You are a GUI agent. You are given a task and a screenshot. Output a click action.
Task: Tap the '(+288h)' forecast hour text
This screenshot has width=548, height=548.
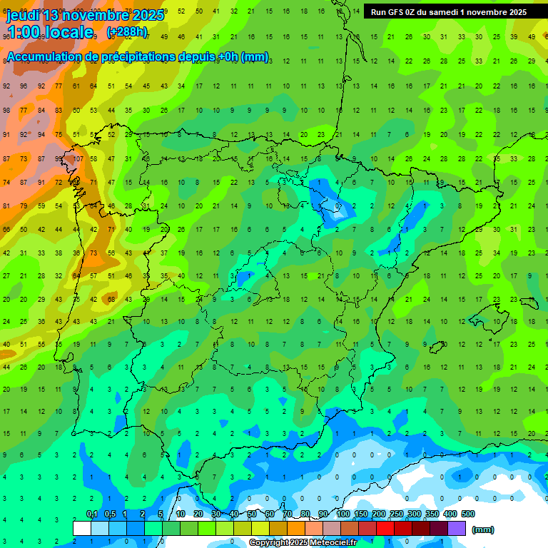pos(127,32)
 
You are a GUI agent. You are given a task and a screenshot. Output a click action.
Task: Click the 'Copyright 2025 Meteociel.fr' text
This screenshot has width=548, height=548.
pos(303,543)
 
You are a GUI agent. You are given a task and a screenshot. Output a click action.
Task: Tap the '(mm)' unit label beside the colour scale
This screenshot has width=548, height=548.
pos(483,529)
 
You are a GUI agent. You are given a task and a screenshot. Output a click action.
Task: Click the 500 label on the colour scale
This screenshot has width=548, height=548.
pos(468,514)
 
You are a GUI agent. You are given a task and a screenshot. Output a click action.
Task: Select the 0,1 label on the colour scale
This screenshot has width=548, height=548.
pos(91,514)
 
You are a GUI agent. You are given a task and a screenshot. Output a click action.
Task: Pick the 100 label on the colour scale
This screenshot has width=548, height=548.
pos(343,514)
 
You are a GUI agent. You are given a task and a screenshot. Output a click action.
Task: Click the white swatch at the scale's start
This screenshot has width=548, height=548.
pos(82,528)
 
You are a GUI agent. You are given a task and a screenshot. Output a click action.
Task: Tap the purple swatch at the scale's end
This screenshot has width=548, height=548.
pos(457,528)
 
